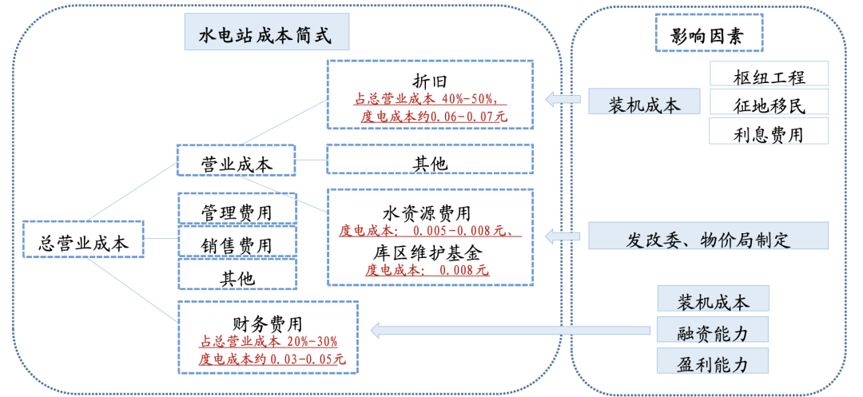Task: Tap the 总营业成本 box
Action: coord(83,243)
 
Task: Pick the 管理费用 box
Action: coord(237,211)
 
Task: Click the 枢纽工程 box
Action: coord(769,77)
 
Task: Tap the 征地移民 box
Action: coord(769,105)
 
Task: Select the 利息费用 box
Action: coord(769,133)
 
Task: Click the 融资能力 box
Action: coord(713,330)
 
